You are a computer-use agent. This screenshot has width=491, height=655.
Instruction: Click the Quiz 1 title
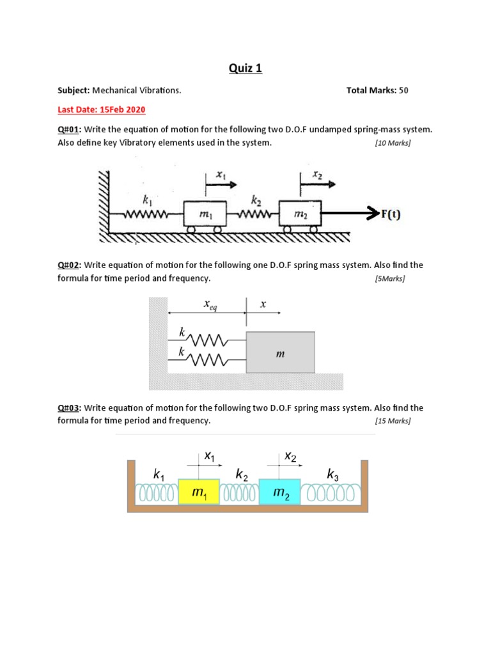pos(245,68)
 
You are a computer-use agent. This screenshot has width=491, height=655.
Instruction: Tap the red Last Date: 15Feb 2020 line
pos(101,109)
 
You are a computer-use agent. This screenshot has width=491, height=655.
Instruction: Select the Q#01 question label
pos(68,129)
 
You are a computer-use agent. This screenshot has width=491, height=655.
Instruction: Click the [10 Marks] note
pos(393,143)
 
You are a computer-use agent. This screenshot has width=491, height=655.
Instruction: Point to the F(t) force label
pos(391,214)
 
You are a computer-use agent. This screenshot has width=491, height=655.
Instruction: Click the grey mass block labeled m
pos(280,352)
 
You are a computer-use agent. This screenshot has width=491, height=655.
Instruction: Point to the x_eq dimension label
pos(210,306)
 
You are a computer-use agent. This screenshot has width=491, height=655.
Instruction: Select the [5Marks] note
pos(390,279)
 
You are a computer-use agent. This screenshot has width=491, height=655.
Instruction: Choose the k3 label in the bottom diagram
pos(333,475)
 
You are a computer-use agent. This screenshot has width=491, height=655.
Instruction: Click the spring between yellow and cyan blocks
pos(240,494)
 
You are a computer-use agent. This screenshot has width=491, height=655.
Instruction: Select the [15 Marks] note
pos(393,421)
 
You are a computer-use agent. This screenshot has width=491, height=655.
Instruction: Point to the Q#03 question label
pos(68,407)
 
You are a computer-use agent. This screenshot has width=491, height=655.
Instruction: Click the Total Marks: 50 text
pos(377,90)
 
